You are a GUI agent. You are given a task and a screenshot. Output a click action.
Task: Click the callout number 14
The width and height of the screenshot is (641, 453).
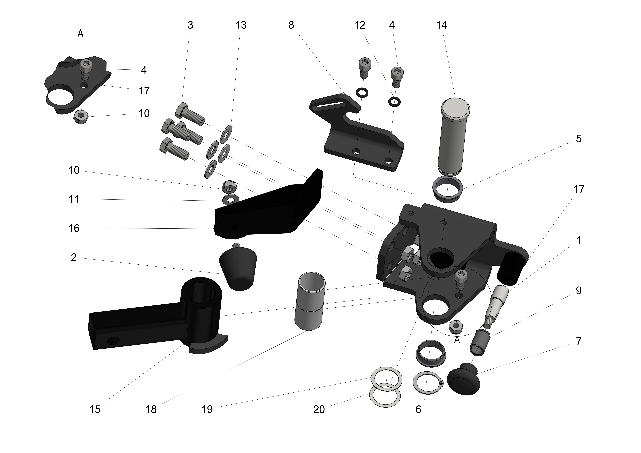[x=441, y=25]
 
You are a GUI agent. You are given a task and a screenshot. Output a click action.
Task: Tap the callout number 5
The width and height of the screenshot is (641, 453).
[x=579, y=139]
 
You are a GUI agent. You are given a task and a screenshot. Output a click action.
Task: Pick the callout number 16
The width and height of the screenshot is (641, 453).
[x=74, y=228]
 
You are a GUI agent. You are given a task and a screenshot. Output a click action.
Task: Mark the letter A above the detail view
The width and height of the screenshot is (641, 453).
[x=80, y=34]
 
